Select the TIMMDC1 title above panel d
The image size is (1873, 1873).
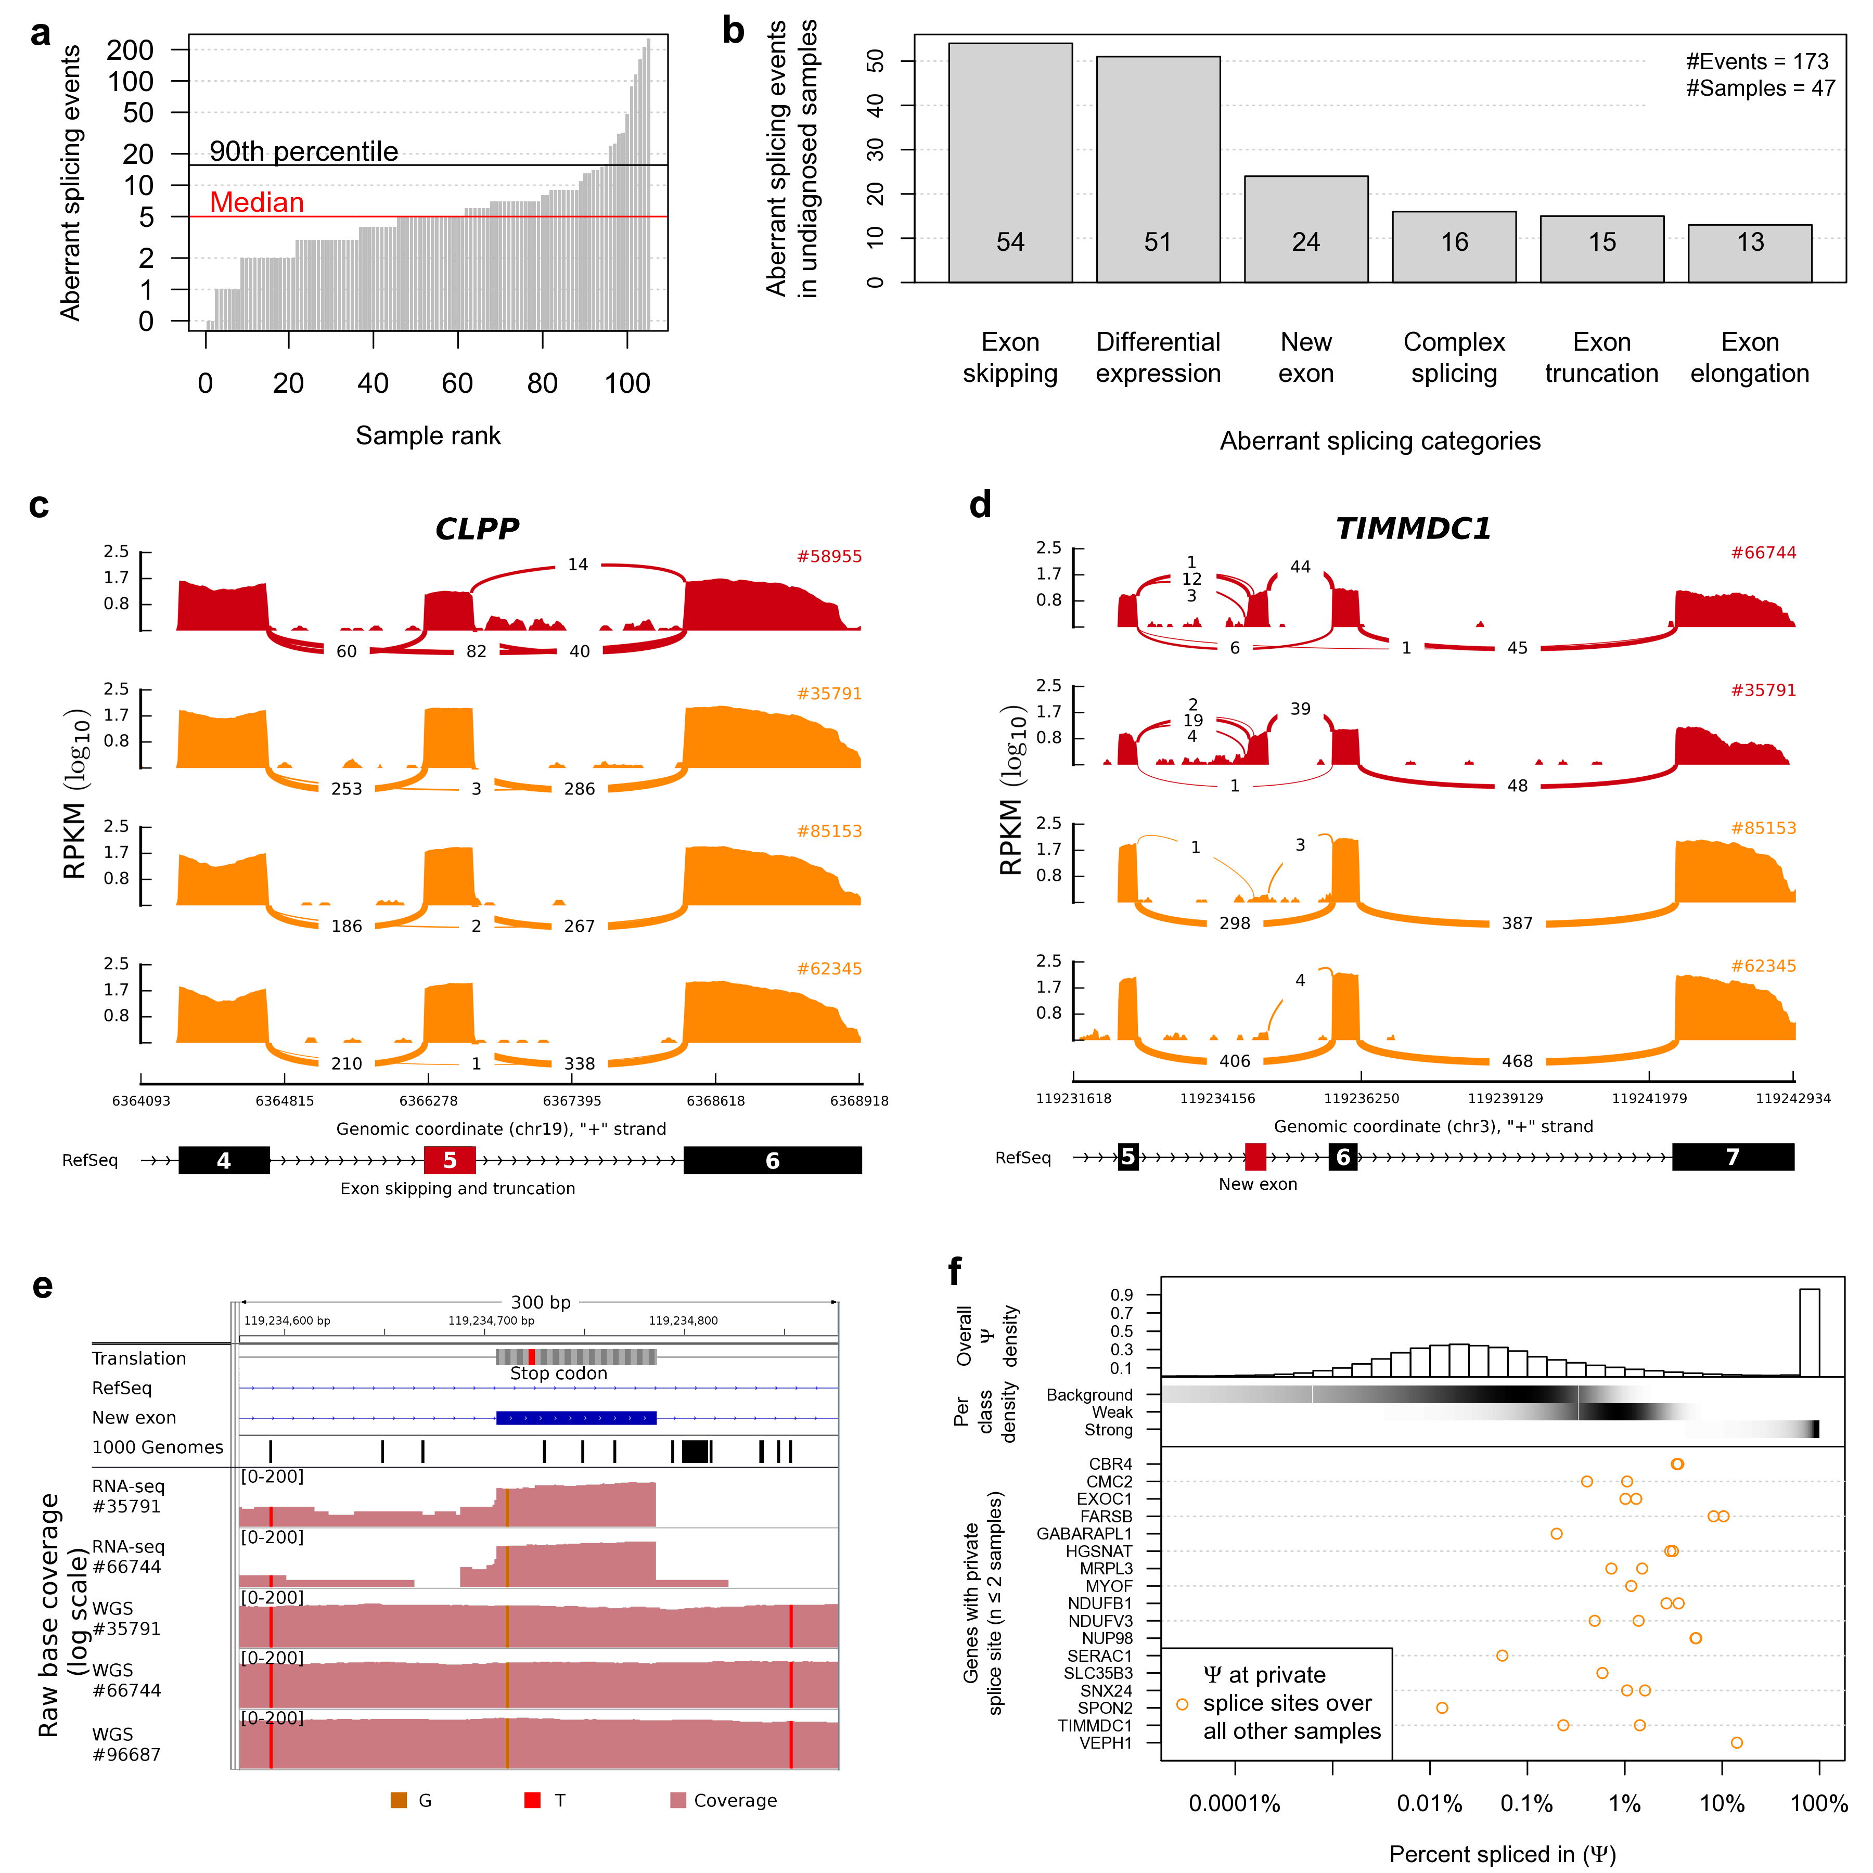[x=1413, y=529]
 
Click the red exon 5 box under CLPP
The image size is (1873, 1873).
[x=450, y=1160]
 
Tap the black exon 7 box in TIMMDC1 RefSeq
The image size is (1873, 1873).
[x=1733, y=1157]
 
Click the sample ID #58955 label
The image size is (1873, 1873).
[x=829, y=557]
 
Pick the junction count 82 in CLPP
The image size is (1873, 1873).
[x=476, y=651]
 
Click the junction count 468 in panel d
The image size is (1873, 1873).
[x=1517, y=1061]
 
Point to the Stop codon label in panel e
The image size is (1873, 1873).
[x=558, y=1374]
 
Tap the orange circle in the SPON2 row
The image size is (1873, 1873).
[x=1442, y=1707]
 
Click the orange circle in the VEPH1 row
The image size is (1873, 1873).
[x=1736, y=1742]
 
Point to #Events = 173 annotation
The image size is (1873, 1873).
[x=1756, y=62]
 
